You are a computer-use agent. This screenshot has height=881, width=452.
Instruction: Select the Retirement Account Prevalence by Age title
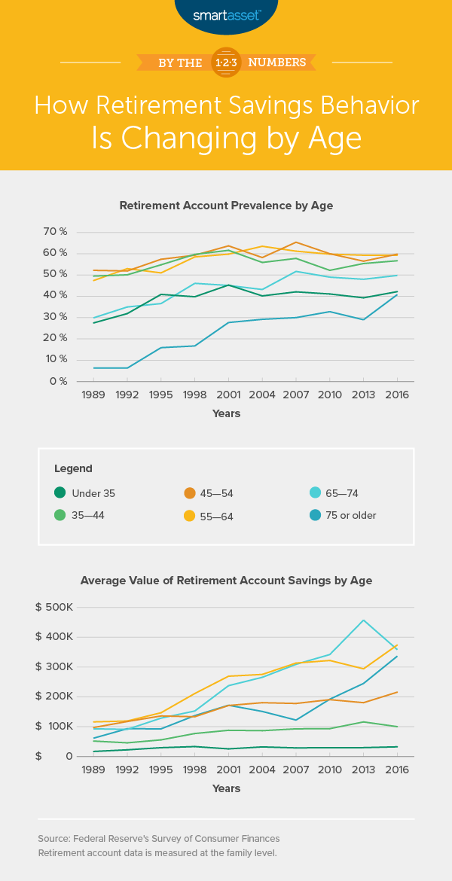tap(226, 205)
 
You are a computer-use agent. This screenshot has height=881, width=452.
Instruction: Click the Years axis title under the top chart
tap(226, 413)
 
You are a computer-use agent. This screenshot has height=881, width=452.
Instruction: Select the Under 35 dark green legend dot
tap(60, 492)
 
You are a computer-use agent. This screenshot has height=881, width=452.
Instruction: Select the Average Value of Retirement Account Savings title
tap(226, 581)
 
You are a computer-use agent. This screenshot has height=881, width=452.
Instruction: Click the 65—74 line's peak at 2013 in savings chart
tap(364, 620)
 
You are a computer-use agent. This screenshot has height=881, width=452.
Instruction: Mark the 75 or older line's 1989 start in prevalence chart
tap(93, 367)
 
